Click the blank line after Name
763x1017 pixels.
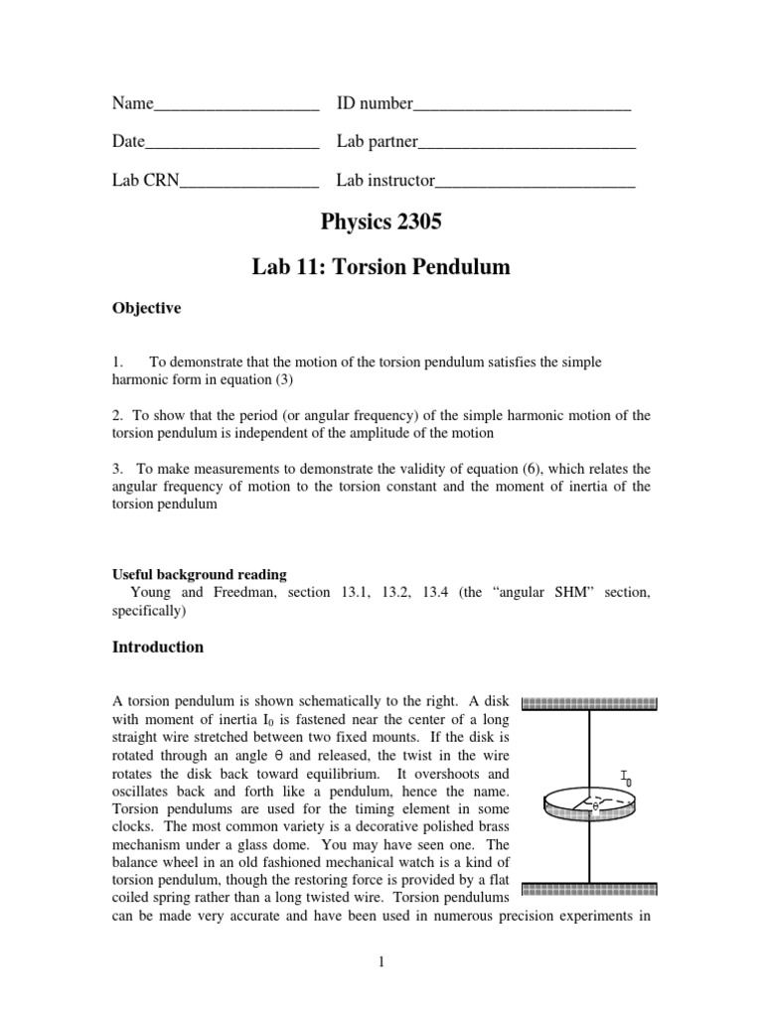tap(236, 106)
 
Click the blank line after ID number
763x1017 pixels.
tap(522, 106)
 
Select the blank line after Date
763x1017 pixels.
tap(231, 144)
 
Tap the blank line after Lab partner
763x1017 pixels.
tap(527, 144)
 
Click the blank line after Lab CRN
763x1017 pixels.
tap(248, 182)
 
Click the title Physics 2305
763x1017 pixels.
tap(381, 224)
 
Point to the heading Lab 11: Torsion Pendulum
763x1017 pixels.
tap(381, 266)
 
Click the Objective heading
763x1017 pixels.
tap(146, 309)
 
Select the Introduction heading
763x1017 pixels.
tap(157, 648)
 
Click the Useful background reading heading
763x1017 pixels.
tap(199, 574)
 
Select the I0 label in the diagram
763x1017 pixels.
tap(625, 777)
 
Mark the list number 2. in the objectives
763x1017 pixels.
tap(117, 415)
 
